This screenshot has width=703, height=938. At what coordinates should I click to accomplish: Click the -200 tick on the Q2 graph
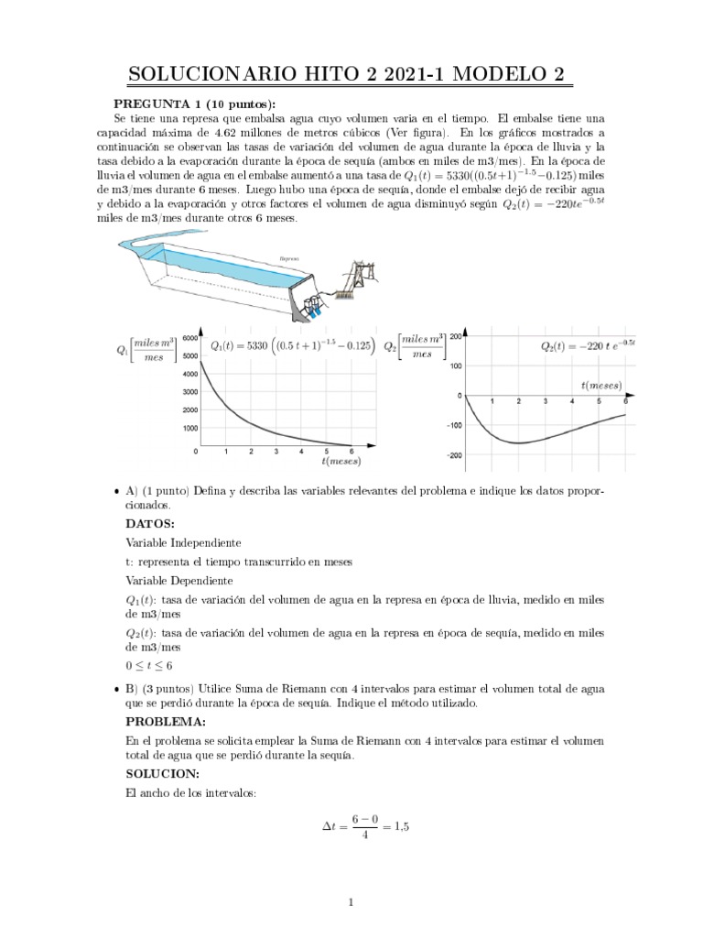455,455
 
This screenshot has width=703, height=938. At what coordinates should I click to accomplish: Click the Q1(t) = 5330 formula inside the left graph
292,346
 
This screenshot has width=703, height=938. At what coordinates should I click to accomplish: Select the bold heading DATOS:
149,524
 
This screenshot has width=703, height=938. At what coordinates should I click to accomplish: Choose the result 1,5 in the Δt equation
399,826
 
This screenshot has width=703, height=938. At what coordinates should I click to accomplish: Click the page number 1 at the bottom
351,903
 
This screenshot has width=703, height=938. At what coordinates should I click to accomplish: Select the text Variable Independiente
182,542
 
